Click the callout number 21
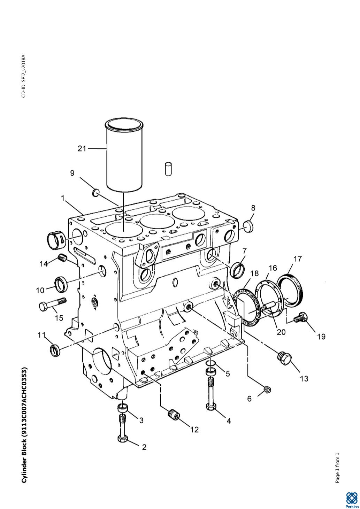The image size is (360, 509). pos(82,149)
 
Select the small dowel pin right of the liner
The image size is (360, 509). pos(168,169)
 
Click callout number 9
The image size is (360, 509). pos(72,173)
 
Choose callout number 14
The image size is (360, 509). pos(44,264)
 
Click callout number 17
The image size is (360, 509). pos(298,259)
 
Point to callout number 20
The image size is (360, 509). pos(281,332)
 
